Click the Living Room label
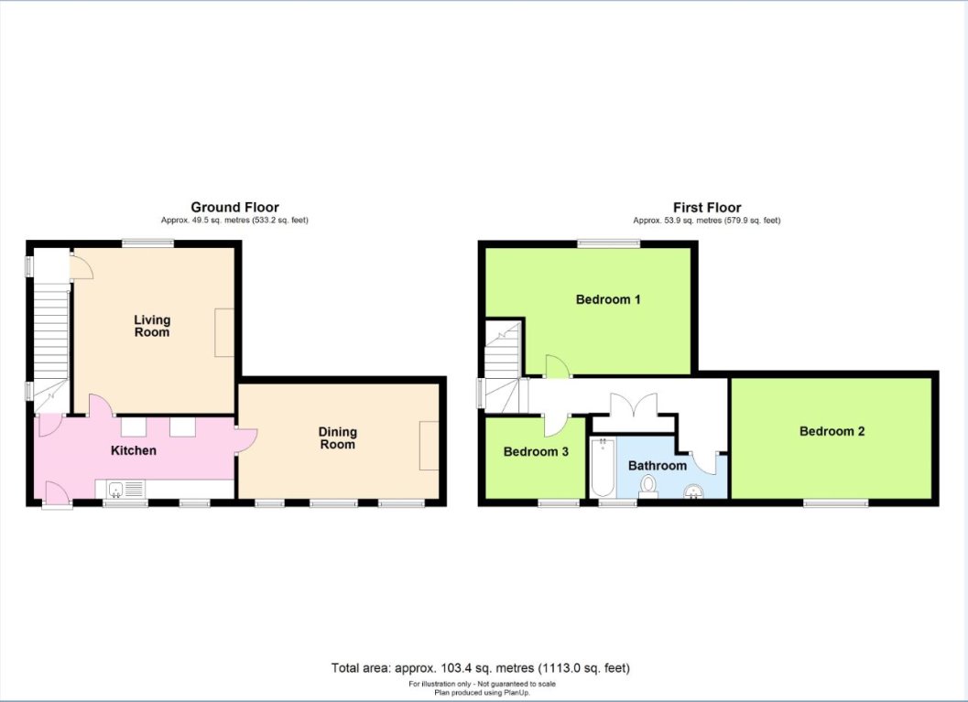[152, 326]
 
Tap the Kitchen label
[134, 450]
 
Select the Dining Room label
[337, 437]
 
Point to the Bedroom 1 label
[608, 299]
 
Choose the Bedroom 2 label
[832, 431]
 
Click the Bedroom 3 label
[536, 451]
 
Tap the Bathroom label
[657, 465]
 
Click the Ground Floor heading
[234, 208]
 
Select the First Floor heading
[706, 208]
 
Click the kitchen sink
[116, 490]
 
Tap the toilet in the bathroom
[648, 486]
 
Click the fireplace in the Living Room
[224, 332]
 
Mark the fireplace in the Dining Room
[429, 446]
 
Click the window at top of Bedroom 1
[608, 243]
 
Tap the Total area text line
[481, 668]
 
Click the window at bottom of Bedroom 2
[836, 502]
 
